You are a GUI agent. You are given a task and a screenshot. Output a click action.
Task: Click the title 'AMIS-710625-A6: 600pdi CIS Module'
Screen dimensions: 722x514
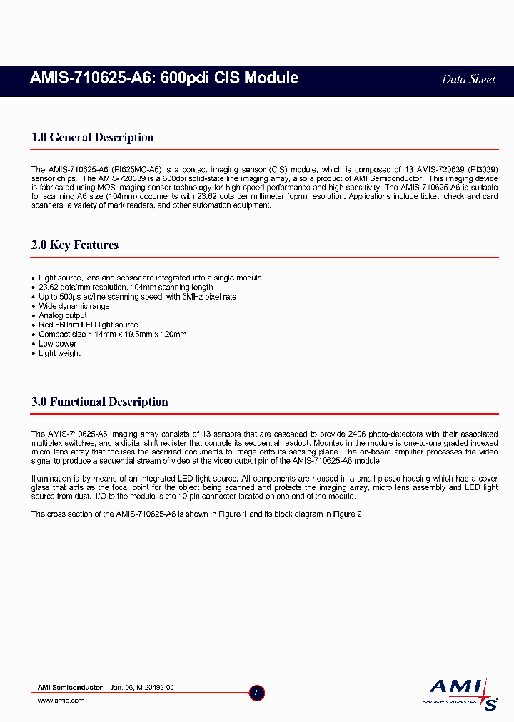(164, 78)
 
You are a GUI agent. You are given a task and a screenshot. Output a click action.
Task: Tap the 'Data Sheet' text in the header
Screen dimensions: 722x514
(468, 79)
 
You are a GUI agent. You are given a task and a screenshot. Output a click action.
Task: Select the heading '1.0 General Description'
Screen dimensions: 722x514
(93, 138)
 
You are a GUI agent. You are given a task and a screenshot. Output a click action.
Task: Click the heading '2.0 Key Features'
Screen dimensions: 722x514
(75, 245)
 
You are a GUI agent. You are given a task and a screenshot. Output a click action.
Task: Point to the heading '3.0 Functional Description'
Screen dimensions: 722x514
(100, 402)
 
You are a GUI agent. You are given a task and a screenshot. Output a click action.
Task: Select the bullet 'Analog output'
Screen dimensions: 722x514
(63, 315)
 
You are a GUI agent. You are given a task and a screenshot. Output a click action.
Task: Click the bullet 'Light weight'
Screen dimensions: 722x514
(59, 353)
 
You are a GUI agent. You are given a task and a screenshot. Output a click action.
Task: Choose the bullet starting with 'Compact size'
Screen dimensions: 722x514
(112, 334)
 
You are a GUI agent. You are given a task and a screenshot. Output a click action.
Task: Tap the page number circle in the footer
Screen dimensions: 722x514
(258, 692)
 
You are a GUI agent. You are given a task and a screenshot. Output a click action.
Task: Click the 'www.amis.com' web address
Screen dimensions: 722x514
(61, 701)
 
